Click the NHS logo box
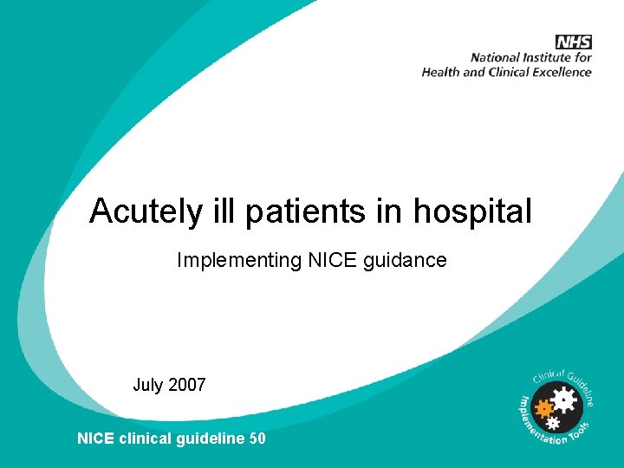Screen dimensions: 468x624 [x=574, y=42]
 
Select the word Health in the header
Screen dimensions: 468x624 [x=441, y=72]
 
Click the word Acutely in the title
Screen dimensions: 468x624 [x=144, y=211]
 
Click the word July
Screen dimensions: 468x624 [x=147, y=385]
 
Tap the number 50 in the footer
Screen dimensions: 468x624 [x=257, y=439]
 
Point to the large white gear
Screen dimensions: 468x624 [x=564, y=400]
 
